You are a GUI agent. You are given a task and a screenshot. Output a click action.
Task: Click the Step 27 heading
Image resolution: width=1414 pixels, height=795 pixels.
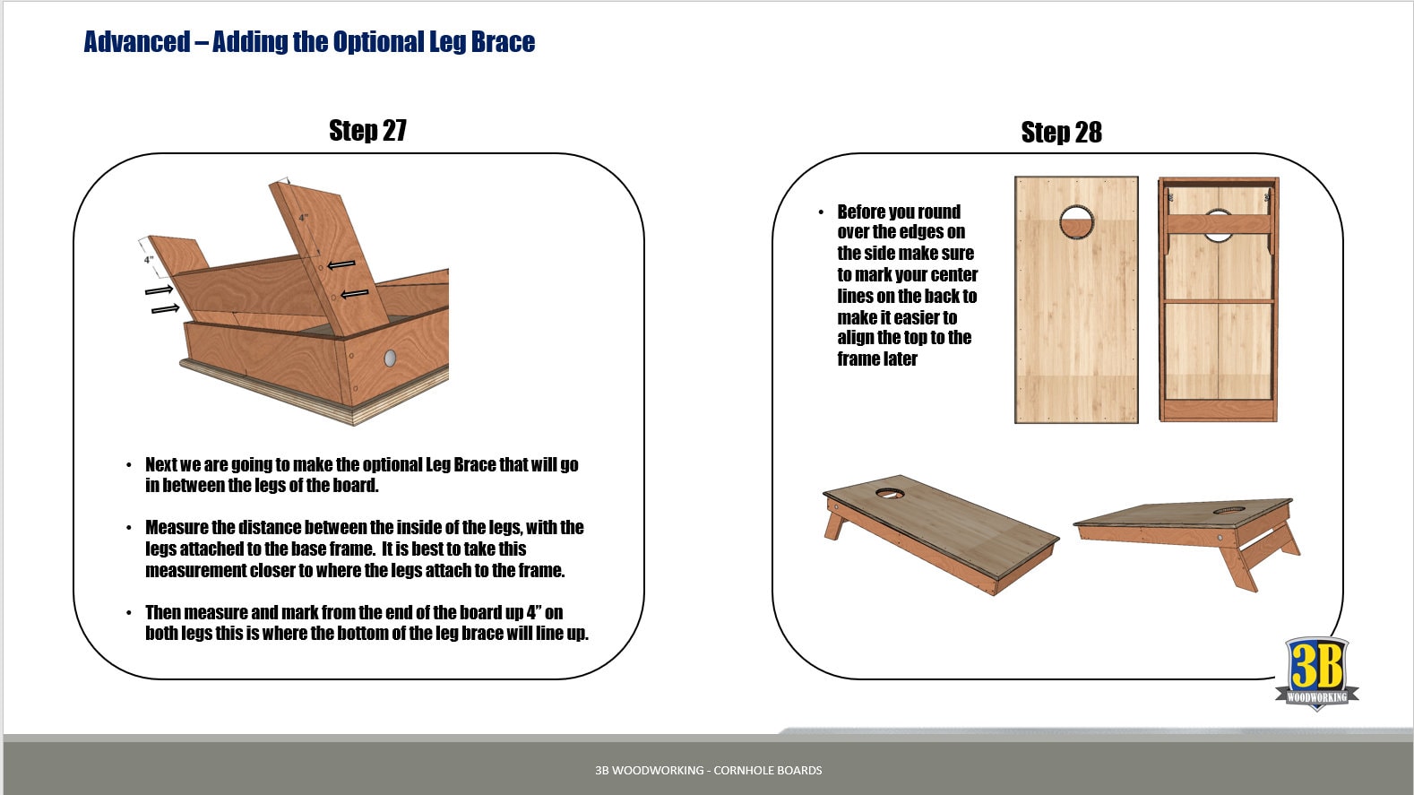coord(367,131)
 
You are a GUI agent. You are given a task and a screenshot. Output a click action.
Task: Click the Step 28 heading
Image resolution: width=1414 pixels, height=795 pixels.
coord(1061,133)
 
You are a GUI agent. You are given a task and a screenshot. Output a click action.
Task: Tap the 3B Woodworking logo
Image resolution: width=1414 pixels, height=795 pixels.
coord(1316,673)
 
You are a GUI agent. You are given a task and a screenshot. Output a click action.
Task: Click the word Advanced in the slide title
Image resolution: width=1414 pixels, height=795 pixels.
coord(136,42)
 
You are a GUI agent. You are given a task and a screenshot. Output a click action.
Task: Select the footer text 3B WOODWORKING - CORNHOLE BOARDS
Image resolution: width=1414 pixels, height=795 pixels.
coord(708,770)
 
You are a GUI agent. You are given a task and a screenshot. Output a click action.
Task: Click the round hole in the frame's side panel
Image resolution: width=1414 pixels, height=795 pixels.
coord(390,359)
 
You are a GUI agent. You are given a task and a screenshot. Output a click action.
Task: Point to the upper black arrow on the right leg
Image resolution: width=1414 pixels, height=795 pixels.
coord(341,265)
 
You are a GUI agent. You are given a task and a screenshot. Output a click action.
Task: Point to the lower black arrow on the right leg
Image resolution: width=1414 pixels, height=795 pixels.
coord(355,293)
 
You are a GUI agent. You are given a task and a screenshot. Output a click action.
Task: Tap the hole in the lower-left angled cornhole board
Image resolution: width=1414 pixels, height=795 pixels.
coord(889,493)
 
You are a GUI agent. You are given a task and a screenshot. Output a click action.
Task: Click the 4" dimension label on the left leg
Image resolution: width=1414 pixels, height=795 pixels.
coord(149,260)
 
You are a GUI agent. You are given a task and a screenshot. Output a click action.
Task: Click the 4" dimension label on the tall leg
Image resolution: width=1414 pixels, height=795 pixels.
coord(304,218)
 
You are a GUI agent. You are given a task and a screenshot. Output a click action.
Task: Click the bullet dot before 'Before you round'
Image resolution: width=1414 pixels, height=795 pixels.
coord(820,212)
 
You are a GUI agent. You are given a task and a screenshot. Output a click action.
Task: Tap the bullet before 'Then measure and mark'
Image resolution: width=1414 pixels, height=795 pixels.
coord(129,613)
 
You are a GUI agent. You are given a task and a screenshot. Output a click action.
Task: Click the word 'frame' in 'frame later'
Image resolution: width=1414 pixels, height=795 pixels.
coord(858,359)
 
